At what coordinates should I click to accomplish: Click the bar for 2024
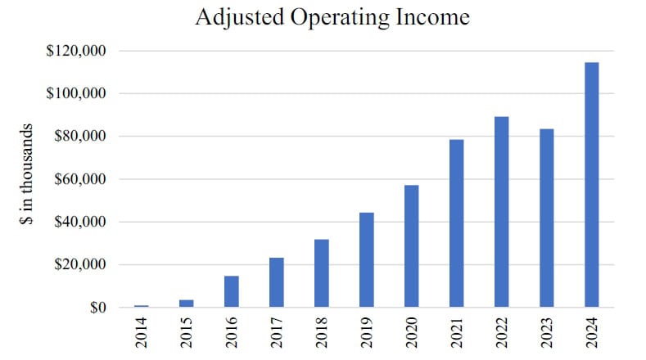(591, 185)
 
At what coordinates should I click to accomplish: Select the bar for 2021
(456, 223)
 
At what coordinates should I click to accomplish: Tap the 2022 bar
(501, 212)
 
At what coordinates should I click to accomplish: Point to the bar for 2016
(232, 291)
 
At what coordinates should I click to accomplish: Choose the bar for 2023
(546, 218)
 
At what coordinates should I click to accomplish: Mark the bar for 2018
(322, 273)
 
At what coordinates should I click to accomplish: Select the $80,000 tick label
(83, 137)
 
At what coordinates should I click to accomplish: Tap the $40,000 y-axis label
(83, 222)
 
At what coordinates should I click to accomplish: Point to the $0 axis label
(97, 308)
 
